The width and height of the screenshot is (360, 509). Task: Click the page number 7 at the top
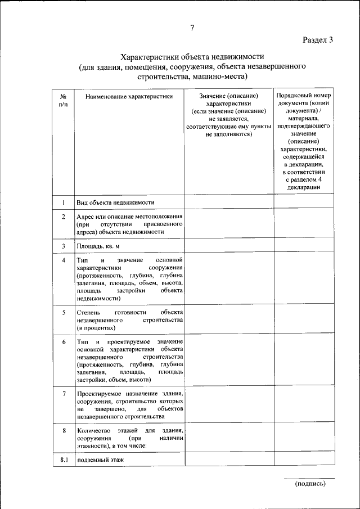click(191, 28)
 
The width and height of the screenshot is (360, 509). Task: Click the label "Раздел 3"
click(318, 40)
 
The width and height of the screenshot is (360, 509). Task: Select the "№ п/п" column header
click(64, 101)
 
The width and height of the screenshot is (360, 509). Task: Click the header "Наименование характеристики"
click(129, 97)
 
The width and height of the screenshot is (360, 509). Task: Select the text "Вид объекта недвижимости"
click(116, 202)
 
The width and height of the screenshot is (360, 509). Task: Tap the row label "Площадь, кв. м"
click(98, 246)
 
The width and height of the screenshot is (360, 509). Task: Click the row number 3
click(64, 246)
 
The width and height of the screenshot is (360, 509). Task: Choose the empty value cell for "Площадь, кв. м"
click(229, 246)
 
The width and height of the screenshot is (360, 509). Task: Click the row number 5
click(64, 312)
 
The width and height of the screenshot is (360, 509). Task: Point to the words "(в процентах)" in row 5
click(96, 327)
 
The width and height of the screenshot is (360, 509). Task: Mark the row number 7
click(64, 394)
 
